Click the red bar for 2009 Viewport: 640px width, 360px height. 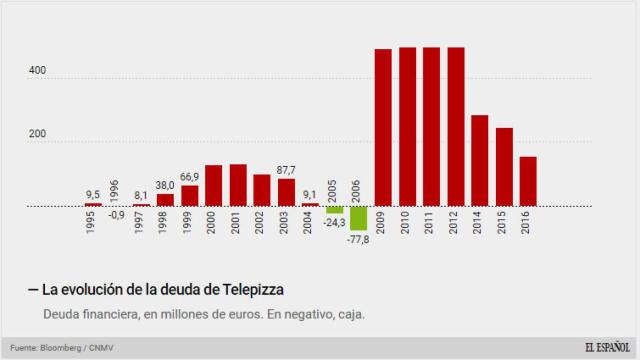(x=382, y=127)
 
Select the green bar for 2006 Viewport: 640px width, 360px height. (x=358, y=218)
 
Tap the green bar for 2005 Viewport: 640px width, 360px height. (x=334, y=210)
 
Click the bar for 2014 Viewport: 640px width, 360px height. (x=479, y=160)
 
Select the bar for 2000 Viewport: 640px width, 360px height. (x=213, y=185)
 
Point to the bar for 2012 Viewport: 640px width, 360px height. (x=455, y=126)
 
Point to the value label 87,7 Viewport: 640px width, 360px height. (x=286, y=170)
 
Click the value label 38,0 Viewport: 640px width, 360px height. (x=165, y=185)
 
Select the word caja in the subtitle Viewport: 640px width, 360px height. (x=349, y=315)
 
